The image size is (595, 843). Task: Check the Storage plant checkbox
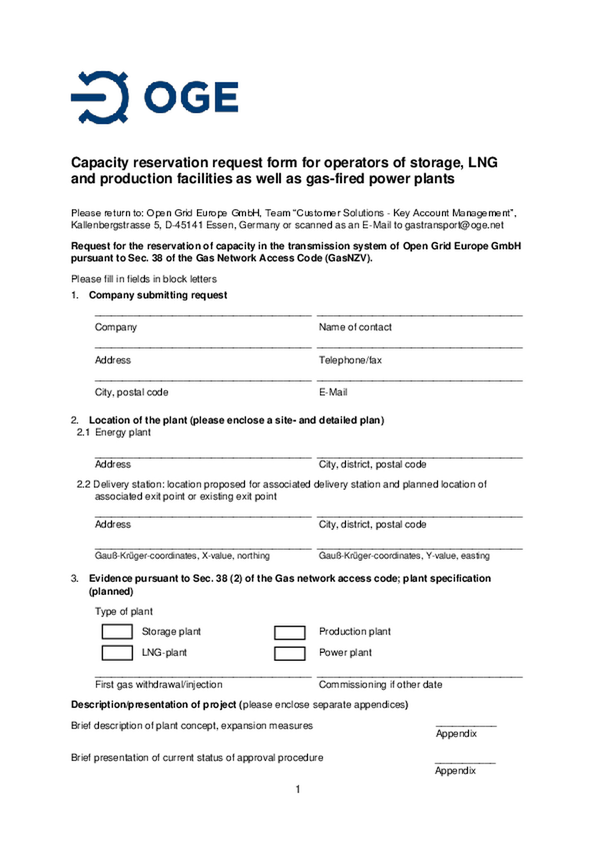[x=117, y=632]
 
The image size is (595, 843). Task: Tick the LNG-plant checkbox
[x=117, y=653]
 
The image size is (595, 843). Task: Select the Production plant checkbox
[x=289, y=632]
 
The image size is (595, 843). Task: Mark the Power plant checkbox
[x=289, y=654]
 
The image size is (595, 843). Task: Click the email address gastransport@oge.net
[x=454, y=225]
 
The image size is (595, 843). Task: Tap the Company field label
[x=116, y=327]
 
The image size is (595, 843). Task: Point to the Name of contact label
[x=355, y=327]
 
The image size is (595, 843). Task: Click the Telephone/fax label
[x=350, y=360]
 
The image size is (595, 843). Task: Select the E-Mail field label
[x=333, y=392]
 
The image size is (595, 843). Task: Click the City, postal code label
[x=131, y=392]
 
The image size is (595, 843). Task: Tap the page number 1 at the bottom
[x=298, y=790]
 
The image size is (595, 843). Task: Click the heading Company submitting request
[x=158, y=295]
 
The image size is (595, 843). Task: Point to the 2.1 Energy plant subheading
[x=114, y=432]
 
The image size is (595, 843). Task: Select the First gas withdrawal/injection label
[x=159, y=685]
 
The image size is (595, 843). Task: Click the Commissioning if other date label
[x=380, y=685]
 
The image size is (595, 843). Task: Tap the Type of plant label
[x=124, y=611]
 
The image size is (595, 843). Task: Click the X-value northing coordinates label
[x=182, y=556]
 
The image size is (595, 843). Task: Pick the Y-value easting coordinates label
[x=404, y=556]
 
